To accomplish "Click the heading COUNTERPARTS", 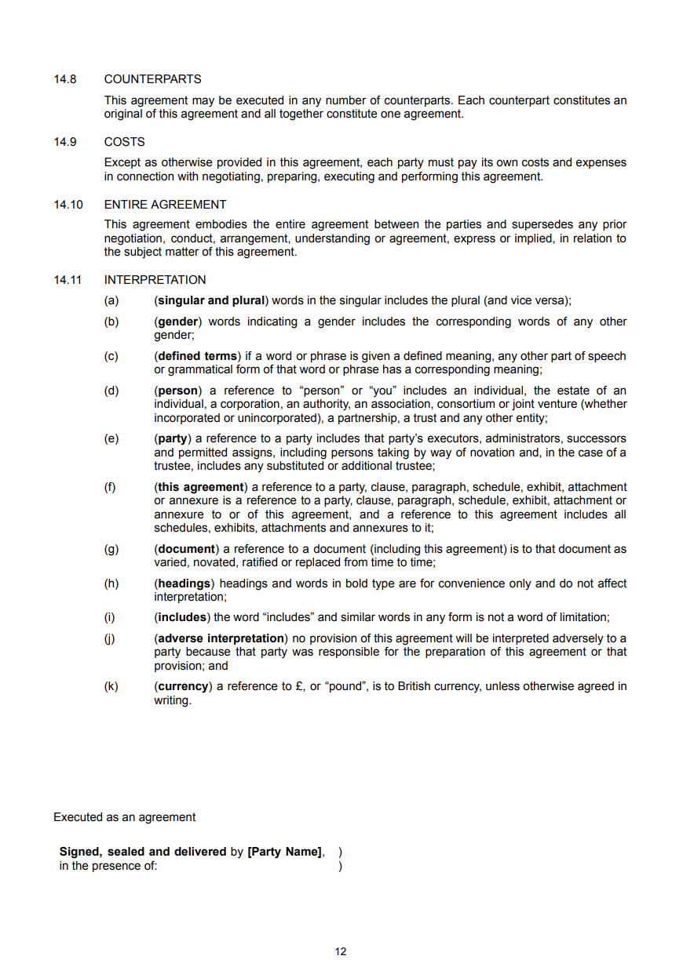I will point(152,79).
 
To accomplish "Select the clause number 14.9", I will point(65,142).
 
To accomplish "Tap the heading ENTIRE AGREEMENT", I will point(165,205).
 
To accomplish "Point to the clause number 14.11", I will point(68,280).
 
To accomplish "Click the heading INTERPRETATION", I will point(155,280).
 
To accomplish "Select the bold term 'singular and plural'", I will point(211,300).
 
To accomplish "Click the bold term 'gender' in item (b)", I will point(178,322).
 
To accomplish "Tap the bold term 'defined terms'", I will point(197,356).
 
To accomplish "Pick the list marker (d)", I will point(111,391).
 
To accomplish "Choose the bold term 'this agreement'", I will point(200,487).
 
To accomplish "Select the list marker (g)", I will point(111,549).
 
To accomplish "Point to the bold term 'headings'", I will point(184,583).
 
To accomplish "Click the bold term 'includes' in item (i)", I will point(182,618).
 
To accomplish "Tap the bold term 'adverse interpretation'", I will point(221,638).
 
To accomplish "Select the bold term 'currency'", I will point(184,686).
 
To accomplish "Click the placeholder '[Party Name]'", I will point(284,852).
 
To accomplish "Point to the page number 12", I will point(341,952).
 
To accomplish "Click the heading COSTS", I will point(124,142).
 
